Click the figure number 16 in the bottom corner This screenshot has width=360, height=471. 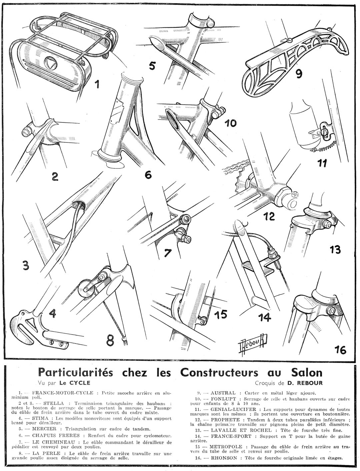pos(339,350)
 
